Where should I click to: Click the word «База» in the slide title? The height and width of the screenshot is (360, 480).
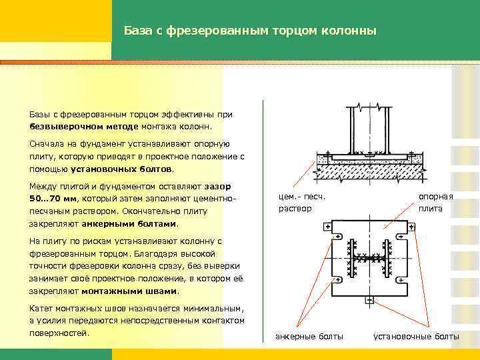(x=138, y=31)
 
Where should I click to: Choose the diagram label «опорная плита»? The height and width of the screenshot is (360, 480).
(x=435, y=203)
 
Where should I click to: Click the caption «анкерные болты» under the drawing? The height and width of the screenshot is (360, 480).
(x=309, y=336)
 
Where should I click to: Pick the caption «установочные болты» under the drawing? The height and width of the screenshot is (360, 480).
(x=416, y=336)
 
